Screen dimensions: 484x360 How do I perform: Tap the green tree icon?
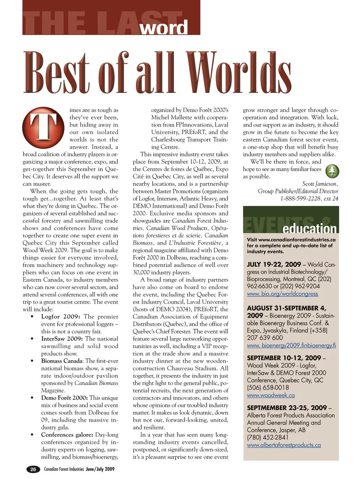[x=331, y=171]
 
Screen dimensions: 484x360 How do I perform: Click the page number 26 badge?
[x=33, y=469]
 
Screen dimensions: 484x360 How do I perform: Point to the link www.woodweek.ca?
[x=270, y=395]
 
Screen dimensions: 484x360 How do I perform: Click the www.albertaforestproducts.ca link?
[x=283, y=445]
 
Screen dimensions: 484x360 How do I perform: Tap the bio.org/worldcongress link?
[x=282, y=294]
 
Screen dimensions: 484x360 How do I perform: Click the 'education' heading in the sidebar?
[x=309, y=228]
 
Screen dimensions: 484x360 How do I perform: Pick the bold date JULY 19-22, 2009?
[x=274, y=264]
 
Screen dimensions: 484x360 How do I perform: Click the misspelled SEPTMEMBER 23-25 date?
[x=287, y=408]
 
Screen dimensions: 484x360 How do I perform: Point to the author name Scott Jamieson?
[x=320, y=184]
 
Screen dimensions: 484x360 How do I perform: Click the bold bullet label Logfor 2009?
[x=61, y=316]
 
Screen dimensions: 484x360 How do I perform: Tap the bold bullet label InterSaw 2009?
[x=62, y=339]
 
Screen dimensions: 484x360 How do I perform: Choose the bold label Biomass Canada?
[x=62, y=361]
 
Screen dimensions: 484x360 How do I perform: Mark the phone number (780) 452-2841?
[x=268, y=437]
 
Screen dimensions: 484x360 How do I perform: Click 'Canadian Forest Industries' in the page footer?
[x=64, y=469]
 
